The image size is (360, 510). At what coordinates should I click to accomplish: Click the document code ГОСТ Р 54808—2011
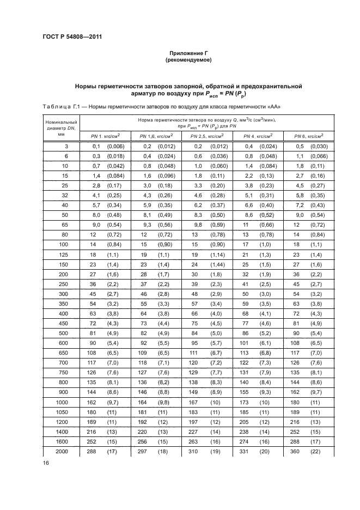pyautogui.click(x=72, y=37)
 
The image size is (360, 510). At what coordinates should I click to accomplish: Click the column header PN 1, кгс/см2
pyautogui.click(x=105, y=136)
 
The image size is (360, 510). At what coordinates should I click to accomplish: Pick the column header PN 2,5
pyautogui.click(x=207, y=136)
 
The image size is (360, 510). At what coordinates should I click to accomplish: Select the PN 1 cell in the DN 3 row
pyautogui.click(x=105, y=147)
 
